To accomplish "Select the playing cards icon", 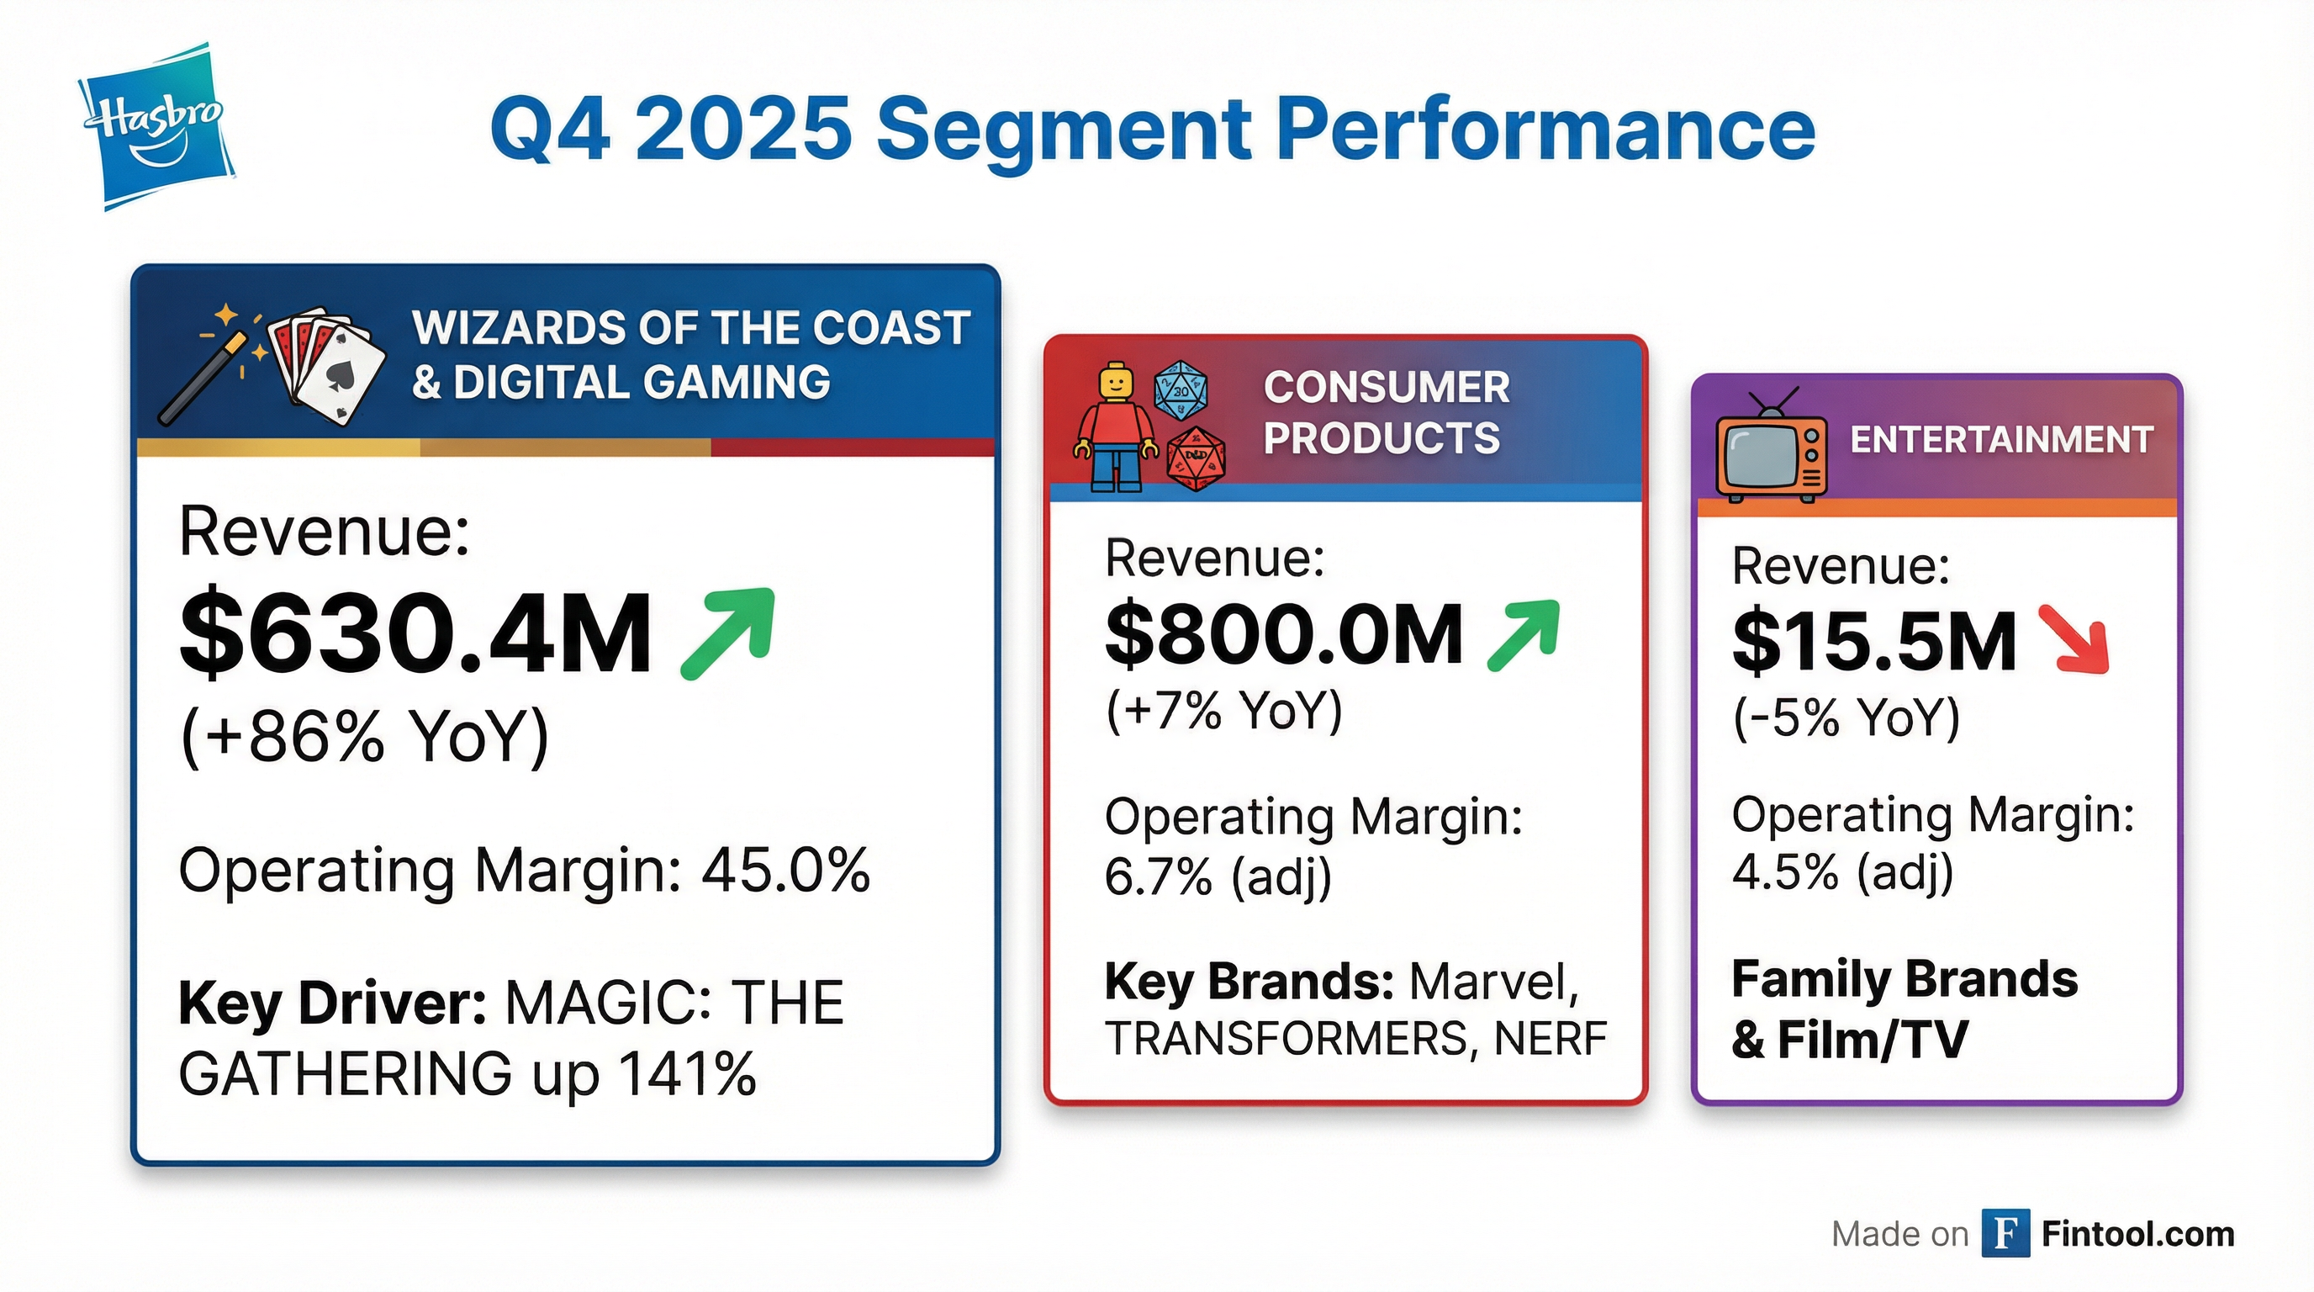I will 326,364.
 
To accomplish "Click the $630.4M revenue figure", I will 415,633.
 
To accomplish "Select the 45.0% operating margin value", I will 785,870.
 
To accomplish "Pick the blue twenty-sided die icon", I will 1181,391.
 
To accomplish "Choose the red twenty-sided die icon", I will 1196,458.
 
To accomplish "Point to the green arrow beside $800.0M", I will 1524,635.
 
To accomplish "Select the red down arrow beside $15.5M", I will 2074,640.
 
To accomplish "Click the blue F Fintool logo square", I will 2005,1234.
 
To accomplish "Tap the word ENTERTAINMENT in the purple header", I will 2001,440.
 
